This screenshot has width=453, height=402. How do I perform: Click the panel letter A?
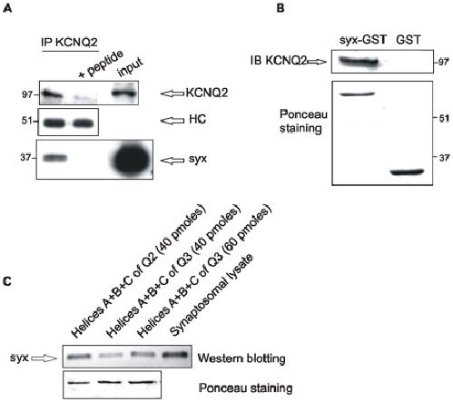[7, 8]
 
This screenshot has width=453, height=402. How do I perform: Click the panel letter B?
[281, 8]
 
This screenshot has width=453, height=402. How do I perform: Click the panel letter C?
[7, 281]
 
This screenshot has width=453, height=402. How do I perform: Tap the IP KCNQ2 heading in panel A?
[69, 43]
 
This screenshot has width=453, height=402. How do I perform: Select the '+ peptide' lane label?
[101, 64]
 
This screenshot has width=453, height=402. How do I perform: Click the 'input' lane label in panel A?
[131, 67]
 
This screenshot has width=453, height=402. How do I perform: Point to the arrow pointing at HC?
[172, 121]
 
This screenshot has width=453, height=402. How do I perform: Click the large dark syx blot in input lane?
[131, 159]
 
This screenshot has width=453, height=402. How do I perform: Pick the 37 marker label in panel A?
[25, 158]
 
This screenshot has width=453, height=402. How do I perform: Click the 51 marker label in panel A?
[26, 121]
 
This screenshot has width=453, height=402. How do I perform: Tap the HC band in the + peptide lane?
[84, 123]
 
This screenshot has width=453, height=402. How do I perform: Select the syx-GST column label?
[363, 40]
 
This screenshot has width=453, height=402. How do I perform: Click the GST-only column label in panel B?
[409, 40]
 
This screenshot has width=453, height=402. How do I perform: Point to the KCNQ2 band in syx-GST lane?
[359, 62]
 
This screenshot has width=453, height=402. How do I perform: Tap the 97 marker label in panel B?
[444, 63]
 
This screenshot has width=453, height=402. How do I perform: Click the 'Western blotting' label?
[241, 358]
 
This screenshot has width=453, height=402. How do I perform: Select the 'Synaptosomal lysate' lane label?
[211, 295]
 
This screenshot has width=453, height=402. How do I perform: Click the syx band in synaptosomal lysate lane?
[175, 355]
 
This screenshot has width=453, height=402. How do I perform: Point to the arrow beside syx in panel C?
[44, 358]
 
